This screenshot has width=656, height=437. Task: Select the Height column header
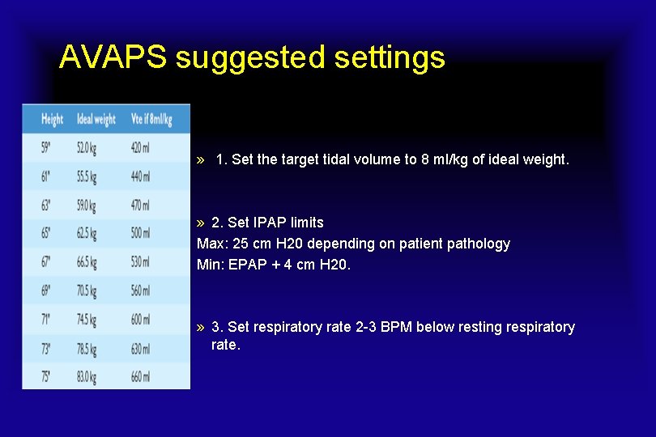pyautogui.click(x=52, y=119)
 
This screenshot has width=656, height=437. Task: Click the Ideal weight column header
pyautogui.click(x=96, y=119)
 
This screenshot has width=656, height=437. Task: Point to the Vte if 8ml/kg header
pyautogui.click(x=151, y=119)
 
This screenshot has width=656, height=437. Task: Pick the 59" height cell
pyautogui.click(x=48, y=148)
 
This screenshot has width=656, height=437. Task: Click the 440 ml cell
pyautogui.click(x=140, y=176)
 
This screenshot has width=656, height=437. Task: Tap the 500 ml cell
pyautogui.click(x=140, y=233)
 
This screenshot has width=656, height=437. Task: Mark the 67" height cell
pyautogui.click(x=48, y=262)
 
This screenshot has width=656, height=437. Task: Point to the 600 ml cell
pyautogui.click(x=140, y=320)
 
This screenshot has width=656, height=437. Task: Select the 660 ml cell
pyautogui.click(x=140, y=376)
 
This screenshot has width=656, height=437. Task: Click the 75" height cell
pyautogui.click(x=48, y=376)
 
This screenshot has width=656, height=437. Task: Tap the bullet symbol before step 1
pyautogui.click(x=201, y=160)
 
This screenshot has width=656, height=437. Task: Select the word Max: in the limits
pyautogui.click(x=212, y=244)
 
